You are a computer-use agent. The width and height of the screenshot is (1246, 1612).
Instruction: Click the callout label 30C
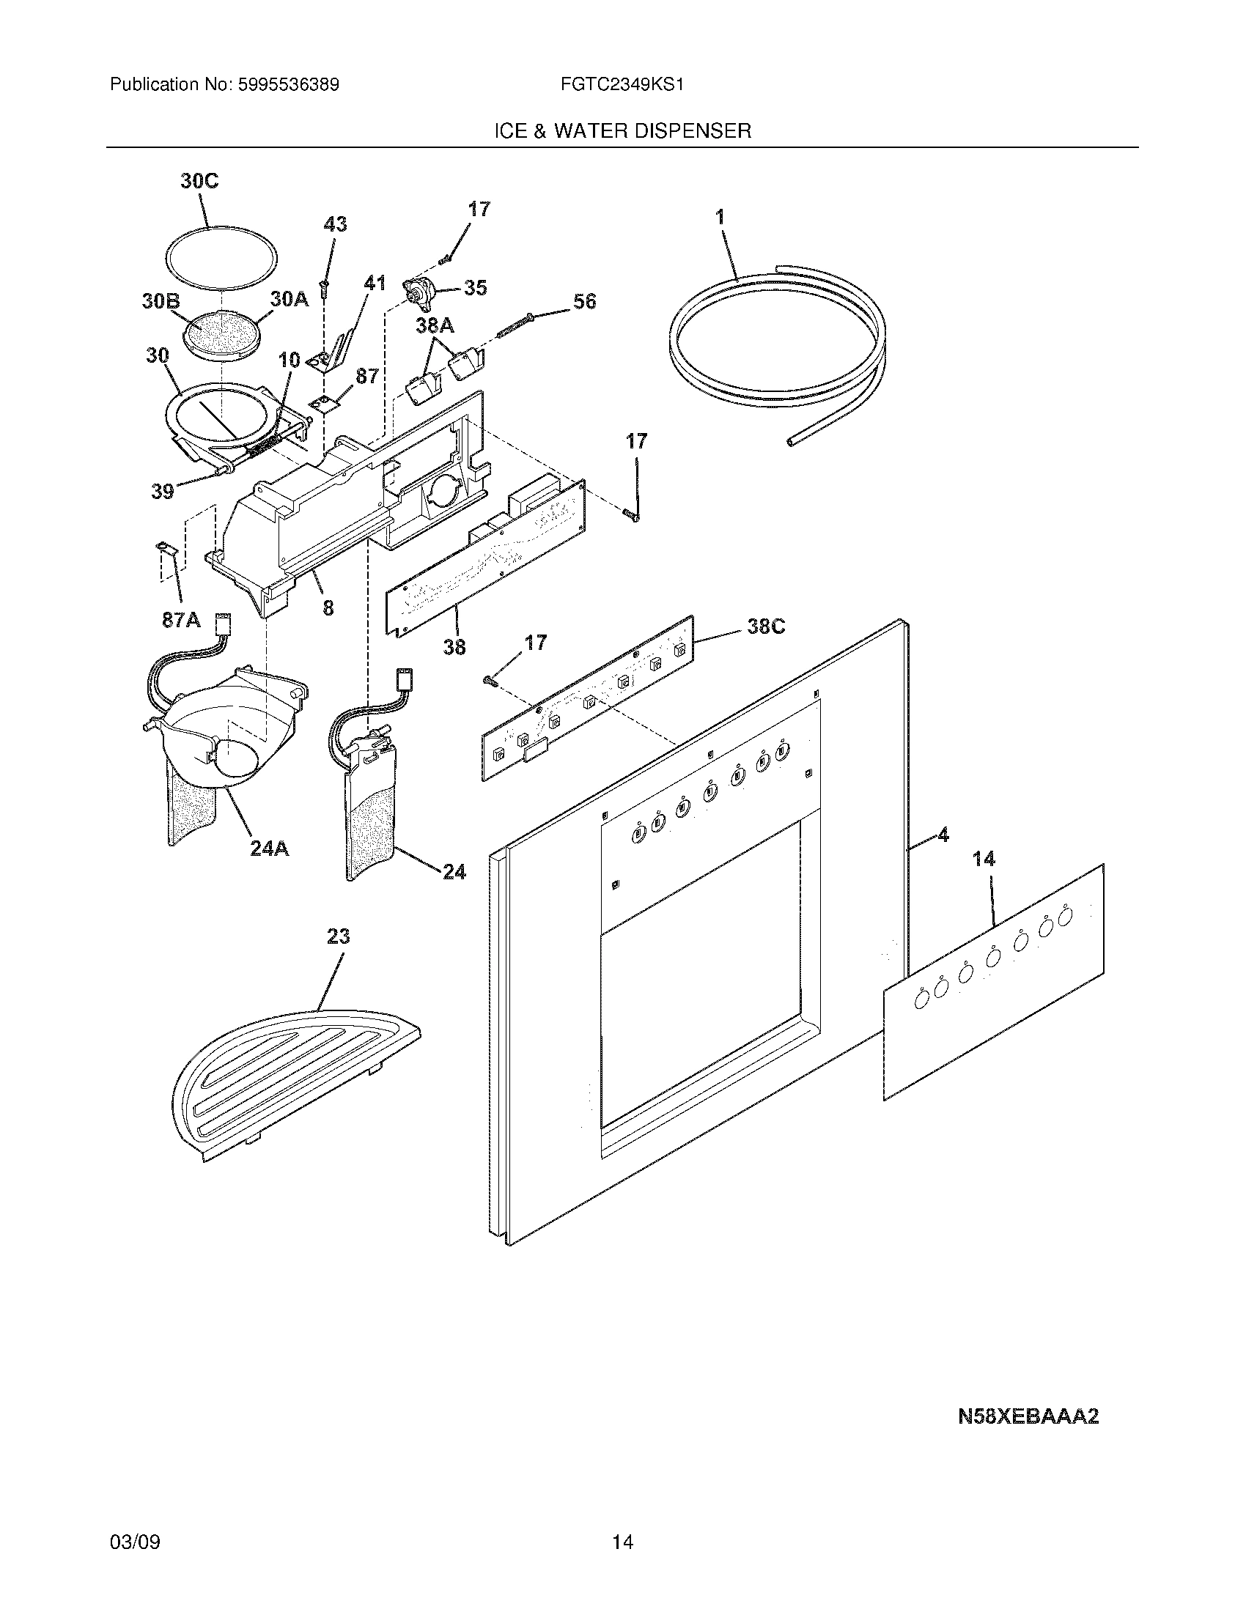pyautogui.click(x=199, y=182)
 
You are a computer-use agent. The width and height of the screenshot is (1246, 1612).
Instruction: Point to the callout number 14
pyautogui.click(x=983, y=859)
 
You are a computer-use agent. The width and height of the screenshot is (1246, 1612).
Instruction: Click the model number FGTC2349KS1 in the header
pyautogui.click(x=622, y=85)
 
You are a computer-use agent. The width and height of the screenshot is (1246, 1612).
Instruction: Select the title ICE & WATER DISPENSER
pyautogui.click(x=622, y=131)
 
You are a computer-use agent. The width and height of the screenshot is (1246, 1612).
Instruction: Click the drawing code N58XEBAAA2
pyautogui.click(x=1028, y=1416)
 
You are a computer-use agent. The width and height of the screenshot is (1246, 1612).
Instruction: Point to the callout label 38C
pyautogui.click(x=765, y=626)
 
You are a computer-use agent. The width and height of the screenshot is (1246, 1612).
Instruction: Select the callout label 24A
pyautogui.click(x=269, y=848)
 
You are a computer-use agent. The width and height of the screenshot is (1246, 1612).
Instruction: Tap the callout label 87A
pyautogui.click(x=181, y=620)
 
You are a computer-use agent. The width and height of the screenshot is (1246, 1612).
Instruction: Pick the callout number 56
pyautogui.click(x=584, y=301)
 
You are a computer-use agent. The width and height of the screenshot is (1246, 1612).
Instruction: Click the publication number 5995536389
pyautogui.click(x=287, y=85)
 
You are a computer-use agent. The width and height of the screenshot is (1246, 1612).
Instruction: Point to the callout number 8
pyautogui.click(x=328, y=607)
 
